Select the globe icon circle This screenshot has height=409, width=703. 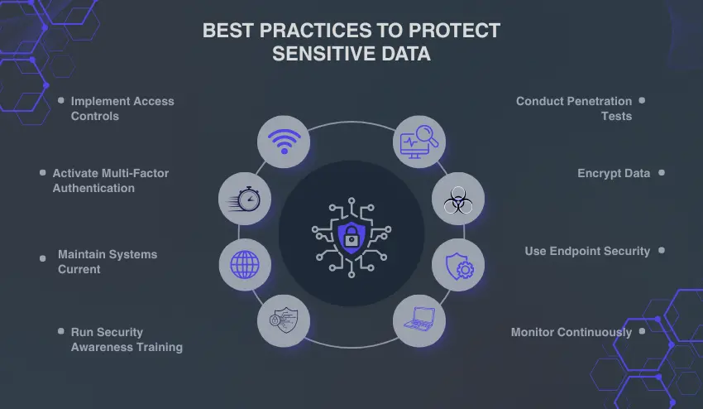pos(245,265)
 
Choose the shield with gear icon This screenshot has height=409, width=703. pos(458,265)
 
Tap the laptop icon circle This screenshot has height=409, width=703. pos(418,320)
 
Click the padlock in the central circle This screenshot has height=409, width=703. pos(351,235)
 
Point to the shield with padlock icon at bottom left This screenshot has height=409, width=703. pos(284,320)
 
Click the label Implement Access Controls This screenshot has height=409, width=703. pos(122,108)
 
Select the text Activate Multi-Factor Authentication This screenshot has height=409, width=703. pos(110,180)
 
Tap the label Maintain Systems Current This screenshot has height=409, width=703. pos(107,262)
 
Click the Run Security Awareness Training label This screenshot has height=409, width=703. pos(126,339)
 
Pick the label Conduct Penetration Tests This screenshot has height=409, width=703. pos(574,108)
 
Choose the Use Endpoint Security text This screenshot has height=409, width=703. pos(587,251)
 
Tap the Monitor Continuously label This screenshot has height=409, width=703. pos(571,332)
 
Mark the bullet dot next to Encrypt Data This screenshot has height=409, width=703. pos(662,173)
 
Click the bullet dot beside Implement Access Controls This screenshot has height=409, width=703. pos(60,100)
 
